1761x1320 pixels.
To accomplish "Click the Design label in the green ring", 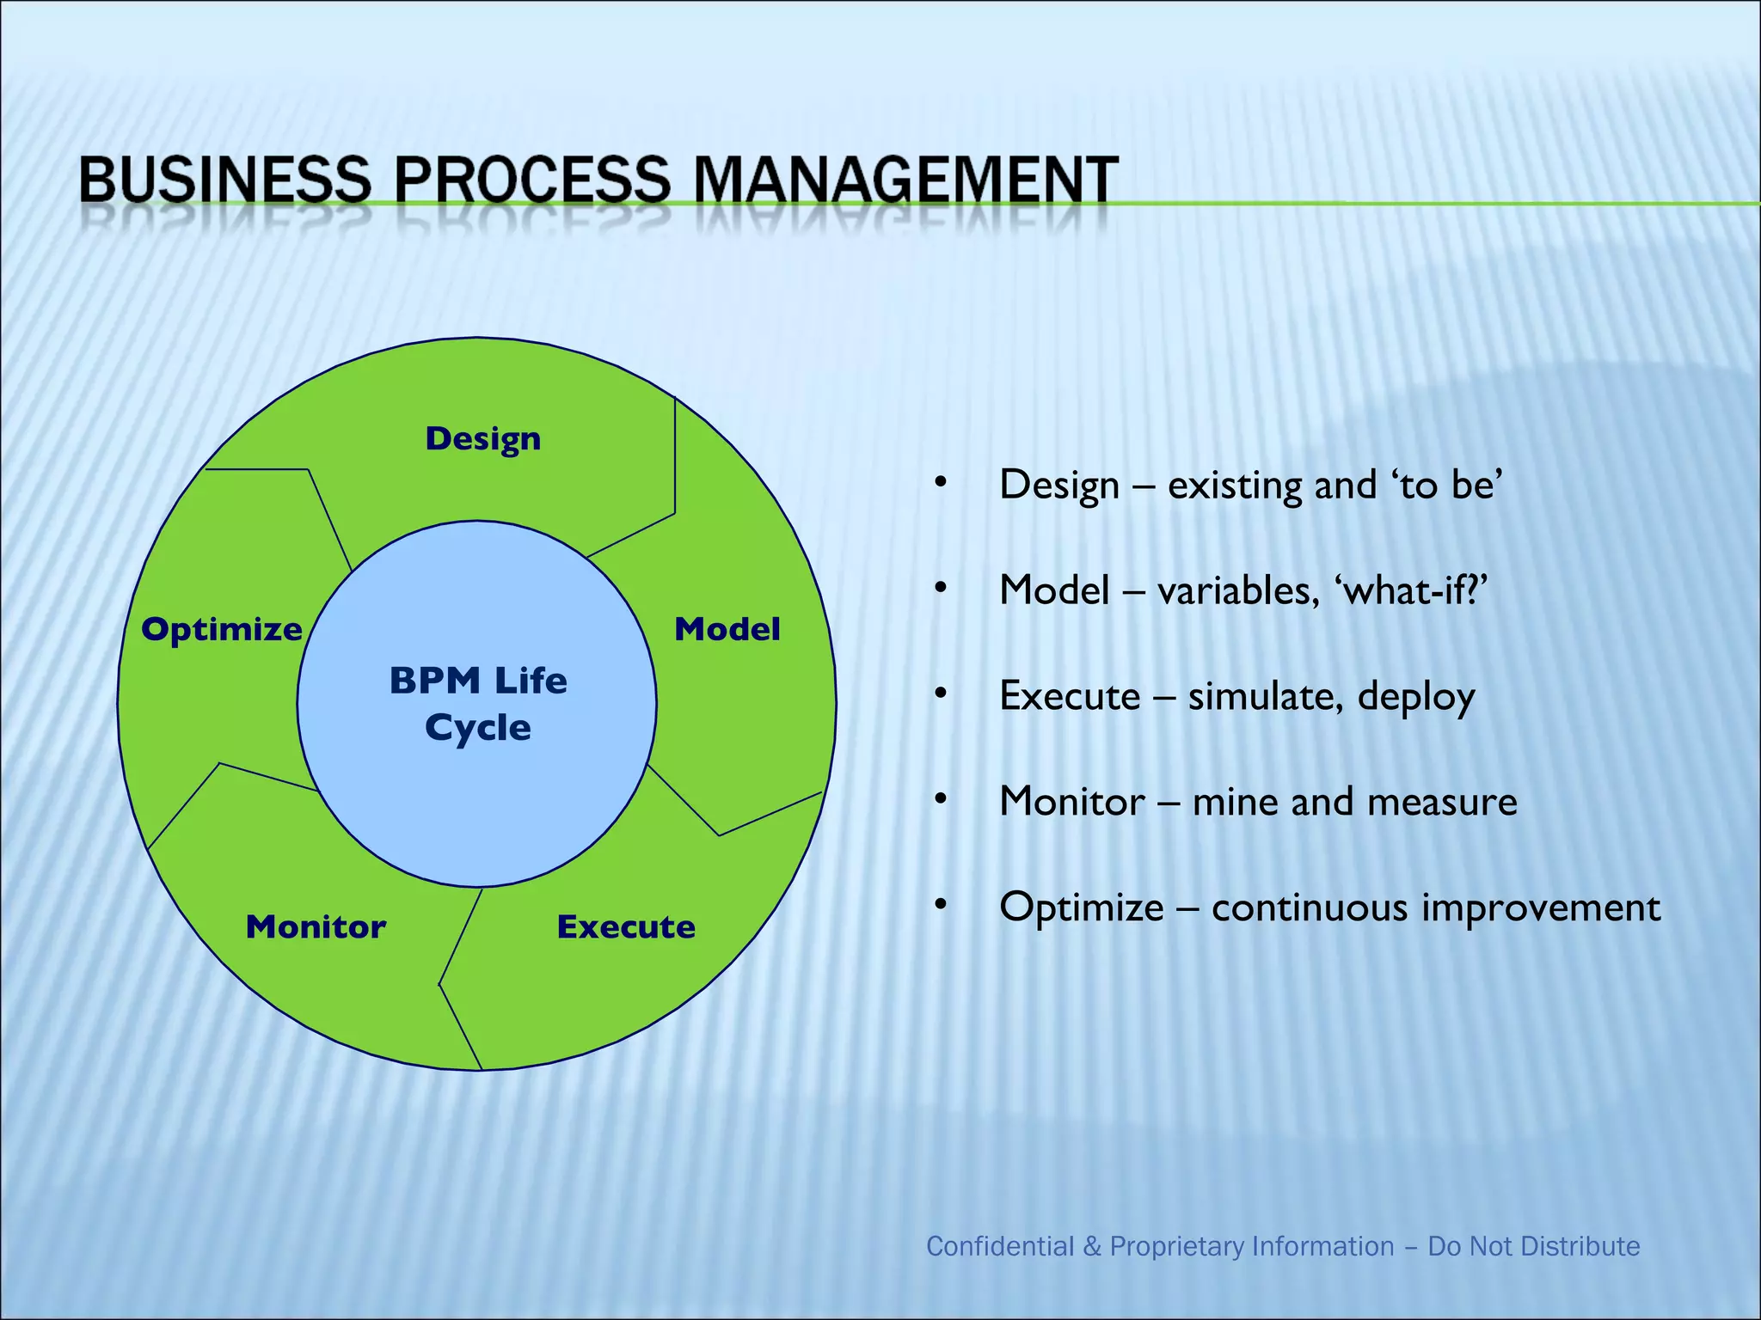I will tap(483, 439).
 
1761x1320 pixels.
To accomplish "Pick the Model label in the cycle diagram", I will tap(727, 629).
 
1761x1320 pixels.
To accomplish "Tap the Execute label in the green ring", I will tap(626, 926).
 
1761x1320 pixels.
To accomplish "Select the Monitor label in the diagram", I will tap(316, 926).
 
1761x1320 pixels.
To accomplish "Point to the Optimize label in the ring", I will tap(222, 629).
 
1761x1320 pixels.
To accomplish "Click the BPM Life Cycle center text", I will tap(478, 704).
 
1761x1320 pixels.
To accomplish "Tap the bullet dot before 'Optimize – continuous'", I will tap(942, 904).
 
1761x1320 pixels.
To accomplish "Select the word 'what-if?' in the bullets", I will tap(1410, 590).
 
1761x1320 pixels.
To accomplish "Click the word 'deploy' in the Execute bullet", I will tap(1415, 697).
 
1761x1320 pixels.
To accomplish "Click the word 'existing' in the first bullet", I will tap(1235, 486).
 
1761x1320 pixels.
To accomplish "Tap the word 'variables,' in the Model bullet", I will tap(1238, 591).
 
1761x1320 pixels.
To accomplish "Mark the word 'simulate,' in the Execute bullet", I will tap(1266, 696).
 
